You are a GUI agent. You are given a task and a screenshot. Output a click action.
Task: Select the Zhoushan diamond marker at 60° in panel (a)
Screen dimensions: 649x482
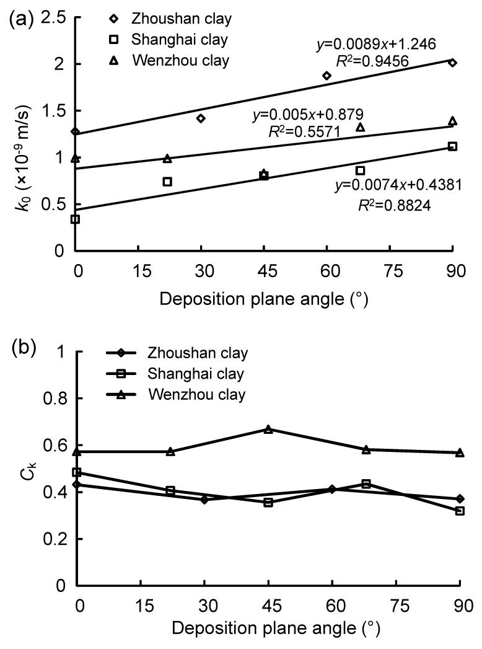click(x=326, y=76)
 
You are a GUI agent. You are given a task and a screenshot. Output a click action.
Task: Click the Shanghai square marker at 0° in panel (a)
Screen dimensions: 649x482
click(x=75, y=219)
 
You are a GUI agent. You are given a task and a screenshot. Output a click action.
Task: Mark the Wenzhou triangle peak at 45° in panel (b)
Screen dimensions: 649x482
click(x=268, y=429)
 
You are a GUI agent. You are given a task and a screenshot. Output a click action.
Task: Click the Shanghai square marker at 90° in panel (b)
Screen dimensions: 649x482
click(x=460, y=511)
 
